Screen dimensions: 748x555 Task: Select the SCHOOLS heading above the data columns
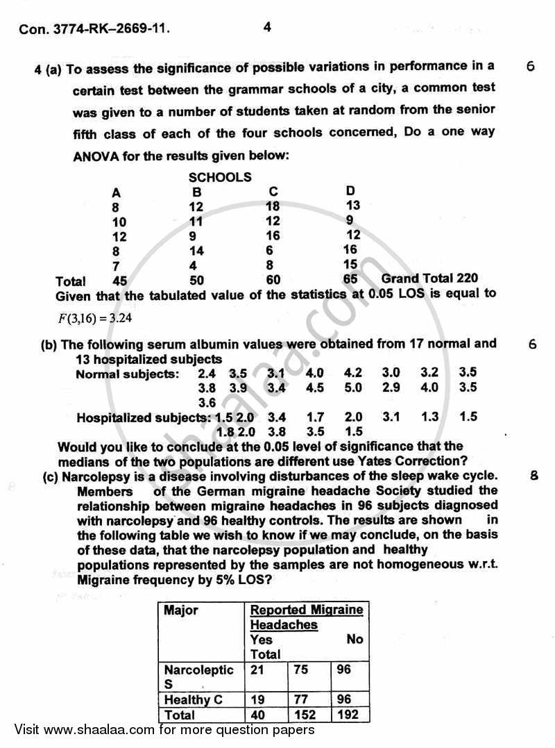pos(220,177)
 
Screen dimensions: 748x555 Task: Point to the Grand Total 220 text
pos(429,279)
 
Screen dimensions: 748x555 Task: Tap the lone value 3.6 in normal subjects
pos(207,403)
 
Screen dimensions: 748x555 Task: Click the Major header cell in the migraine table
pos(181,610)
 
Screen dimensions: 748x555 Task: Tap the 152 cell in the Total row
pos(305,715)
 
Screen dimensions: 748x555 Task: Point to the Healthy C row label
pos(193,699)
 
